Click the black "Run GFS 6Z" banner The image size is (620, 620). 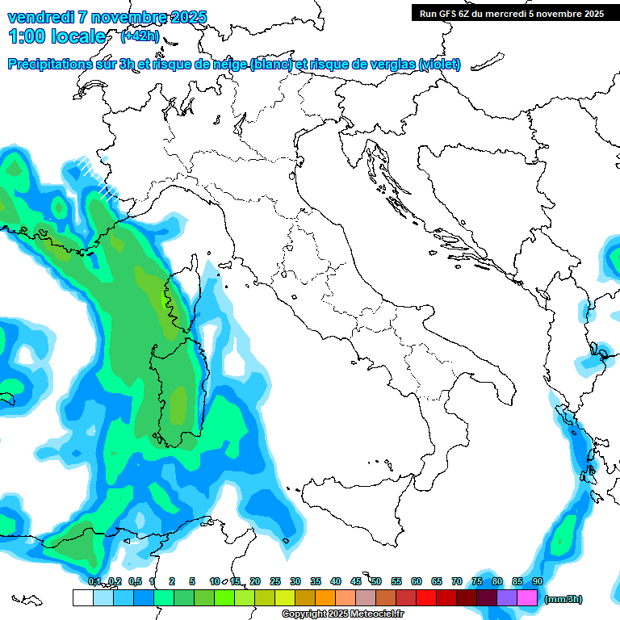pos(510,14)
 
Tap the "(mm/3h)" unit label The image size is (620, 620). pos(563,599)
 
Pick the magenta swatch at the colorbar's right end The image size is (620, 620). pos(527,597)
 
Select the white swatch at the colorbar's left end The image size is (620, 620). pos(82,597)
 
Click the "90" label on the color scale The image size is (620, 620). pos(537,581)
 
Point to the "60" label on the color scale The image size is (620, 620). pos(417,581)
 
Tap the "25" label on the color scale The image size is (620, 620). pos(275,581)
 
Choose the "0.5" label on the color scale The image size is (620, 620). pos(135,581)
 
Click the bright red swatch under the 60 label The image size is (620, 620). pos(426,597)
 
